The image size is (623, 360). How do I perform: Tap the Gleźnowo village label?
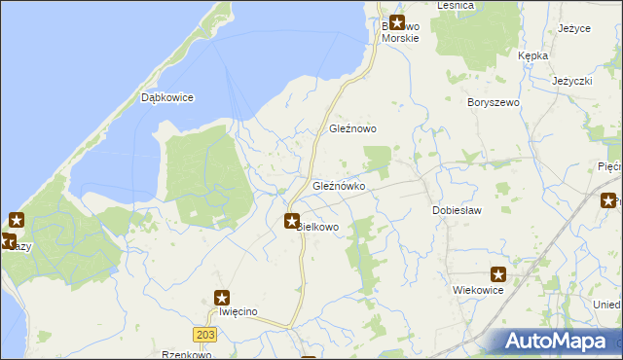click(x=352, y=128)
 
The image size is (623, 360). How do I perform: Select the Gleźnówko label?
click(x=339, y=185)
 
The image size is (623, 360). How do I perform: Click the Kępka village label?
click(x=533, y=56)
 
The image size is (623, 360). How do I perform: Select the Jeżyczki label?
click(x=572, y=81)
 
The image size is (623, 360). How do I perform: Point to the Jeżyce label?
click(x=574, y=28)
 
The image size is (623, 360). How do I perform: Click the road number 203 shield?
click(x=204, y=334)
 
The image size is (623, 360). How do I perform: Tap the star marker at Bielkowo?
click(x=292, y=222)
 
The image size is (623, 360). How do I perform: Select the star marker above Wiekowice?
click(x=498, y=275)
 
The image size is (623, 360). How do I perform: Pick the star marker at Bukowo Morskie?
click(x=397, y=21)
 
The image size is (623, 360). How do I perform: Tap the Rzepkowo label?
click(x=187, y=355)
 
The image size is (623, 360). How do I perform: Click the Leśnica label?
click(x=456, y=5)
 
